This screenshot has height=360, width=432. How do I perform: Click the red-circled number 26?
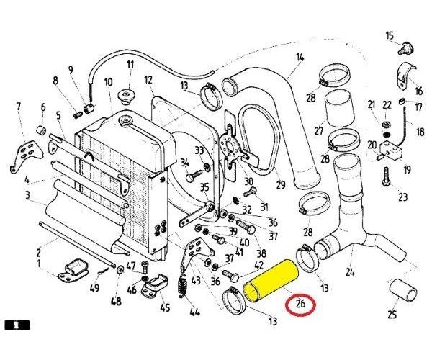pos(300,304)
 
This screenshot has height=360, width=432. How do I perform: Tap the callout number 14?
pos(300,58)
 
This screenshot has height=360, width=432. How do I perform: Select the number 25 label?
pos(392,314)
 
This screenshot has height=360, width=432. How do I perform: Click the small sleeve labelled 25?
pos(402,290)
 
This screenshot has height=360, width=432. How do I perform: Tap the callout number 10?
pos(108,82)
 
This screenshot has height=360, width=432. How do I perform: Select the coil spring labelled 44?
pos(182,286)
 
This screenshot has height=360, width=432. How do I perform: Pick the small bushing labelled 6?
pos(42,130)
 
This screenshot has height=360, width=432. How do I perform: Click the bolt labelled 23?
pos(387,176)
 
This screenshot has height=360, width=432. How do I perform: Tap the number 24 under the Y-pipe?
pos(350,272)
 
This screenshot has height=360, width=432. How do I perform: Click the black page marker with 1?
pos(17,325)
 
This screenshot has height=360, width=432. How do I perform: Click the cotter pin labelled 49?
pos(104,271)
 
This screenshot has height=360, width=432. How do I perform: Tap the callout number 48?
pos(116,301)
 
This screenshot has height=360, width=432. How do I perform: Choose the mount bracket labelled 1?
pos(73,271)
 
